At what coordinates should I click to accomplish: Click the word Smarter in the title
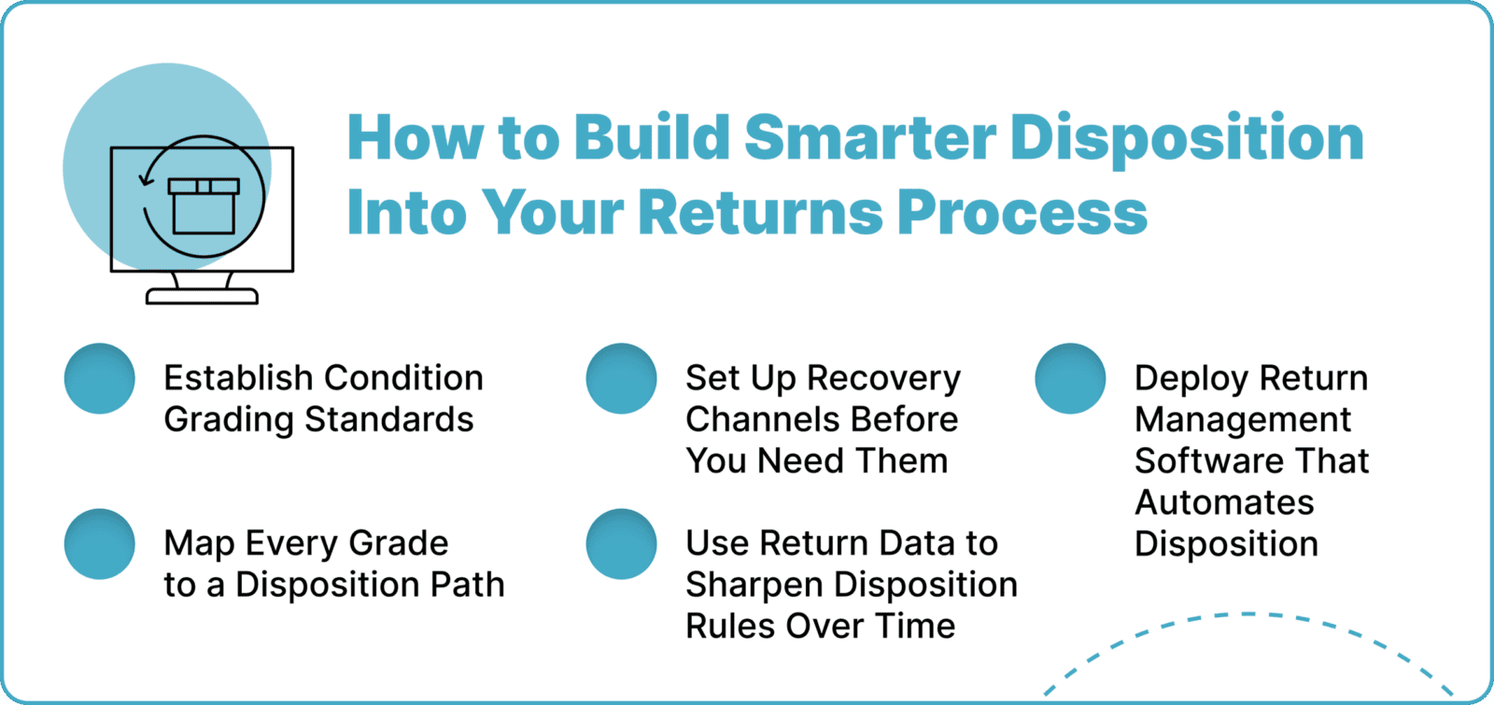click(x=870, y=138)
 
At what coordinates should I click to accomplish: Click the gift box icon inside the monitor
click(x=204, y=204)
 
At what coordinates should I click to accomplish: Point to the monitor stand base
click(x=202, y=296)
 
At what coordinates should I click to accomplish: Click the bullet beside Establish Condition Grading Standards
click(x=100, y=378)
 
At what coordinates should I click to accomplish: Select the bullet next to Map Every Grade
click(x=100, y=543)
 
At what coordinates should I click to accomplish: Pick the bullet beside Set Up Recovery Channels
click(x=621, y=378)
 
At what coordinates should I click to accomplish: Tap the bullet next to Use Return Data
click(x=621, y=543)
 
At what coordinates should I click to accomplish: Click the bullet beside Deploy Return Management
click(x=1070, y=378)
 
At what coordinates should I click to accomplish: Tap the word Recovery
click(x=883, y=379)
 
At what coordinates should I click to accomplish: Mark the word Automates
click(x=1224, y=502)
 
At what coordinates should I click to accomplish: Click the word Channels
click(x=754, y=419)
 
